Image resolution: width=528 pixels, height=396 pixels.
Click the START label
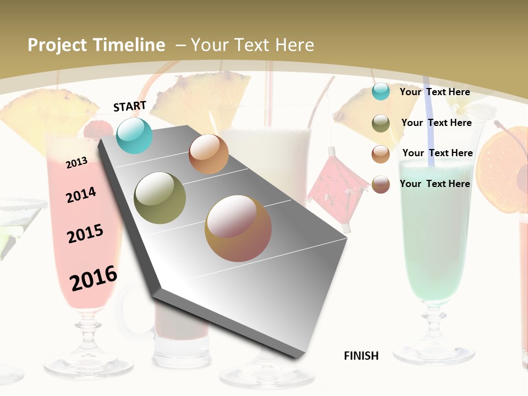130,106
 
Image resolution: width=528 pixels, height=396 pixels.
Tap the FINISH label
361,356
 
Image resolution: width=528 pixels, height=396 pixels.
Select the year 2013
76,162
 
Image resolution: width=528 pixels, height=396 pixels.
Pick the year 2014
81,195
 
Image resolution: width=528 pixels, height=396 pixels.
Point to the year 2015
85,234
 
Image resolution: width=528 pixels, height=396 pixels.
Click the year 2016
94,278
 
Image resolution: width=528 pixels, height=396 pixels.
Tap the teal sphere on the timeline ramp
134,135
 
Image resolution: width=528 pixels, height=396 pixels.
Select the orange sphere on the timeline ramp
208,154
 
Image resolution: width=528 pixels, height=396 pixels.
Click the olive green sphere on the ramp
160,198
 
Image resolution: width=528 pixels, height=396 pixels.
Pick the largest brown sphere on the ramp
238,228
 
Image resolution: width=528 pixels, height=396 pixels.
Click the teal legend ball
381,91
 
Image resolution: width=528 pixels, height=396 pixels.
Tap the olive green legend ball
381,123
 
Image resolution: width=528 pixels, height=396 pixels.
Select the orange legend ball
381,154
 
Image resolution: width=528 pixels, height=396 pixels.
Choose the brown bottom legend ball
381,184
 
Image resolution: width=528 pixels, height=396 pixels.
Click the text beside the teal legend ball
435,92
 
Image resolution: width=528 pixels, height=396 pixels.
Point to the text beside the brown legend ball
435,184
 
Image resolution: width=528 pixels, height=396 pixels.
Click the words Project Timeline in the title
96,45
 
